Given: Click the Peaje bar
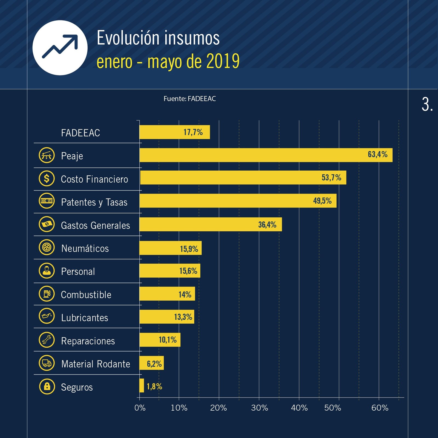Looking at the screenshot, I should [266, 155].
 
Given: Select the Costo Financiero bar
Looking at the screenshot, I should [243, 178].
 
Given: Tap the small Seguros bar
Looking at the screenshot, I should [142, 385].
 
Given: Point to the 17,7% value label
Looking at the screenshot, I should [193, 132].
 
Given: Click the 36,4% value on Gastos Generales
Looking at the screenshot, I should [267, 225].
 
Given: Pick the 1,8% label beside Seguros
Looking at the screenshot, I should [154, 386].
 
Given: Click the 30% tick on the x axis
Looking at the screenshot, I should [260, 408].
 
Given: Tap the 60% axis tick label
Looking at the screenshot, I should [380, 408].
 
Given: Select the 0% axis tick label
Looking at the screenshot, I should [140, 408].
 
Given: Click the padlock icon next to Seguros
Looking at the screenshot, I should [47, 386].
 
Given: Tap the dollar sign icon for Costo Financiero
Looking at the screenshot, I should [47, 178].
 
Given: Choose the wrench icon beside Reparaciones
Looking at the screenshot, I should [47, 340].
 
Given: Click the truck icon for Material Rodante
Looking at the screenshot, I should [47, 363].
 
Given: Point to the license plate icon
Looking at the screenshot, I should [47, 201].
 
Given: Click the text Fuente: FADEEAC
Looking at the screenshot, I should [190, 99].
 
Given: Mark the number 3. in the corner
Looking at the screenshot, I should [427, 105].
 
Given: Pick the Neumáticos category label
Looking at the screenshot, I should [85, 248].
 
